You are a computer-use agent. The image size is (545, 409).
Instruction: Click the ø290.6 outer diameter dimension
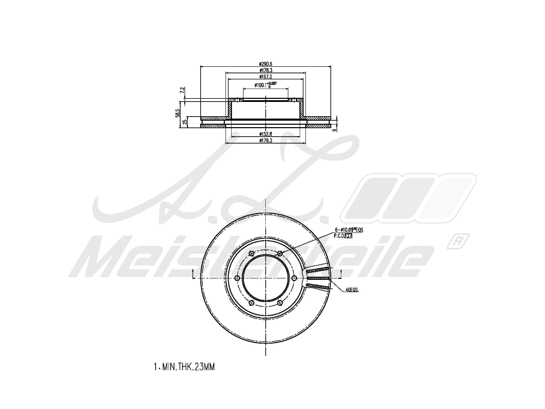point(265,64)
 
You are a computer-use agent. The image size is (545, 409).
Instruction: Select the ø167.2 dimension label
point(265,77)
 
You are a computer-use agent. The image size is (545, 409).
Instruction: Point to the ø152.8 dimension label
point(265,134)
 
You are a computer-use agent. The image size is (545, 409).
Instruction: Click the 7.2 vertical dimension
point(182,91)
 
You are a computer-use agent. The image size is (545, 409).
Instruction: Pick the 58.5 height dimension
point(177,113)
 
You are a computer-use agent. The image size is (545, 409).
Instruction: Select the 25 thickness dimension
point(185,122)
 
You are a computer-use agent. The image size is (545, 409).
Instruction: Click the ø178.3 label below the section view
point(265,140)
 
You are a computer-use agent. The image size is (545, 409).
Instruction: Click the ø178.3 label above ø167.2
point(265,70)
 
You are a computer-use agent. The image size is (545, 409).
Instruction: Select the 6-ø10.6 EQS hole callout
point(349,230)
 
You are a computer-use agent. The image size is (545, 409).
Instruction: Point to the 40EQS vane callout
point(352,290)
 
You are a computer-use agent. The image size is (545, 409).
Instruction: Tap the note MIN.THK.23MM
point(184,367)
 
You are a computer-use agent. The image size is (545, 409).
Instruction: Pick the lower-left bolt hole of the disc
point(251,303)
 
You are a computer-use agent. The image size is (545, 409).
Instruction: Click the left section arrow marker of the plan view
point(193,273)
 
